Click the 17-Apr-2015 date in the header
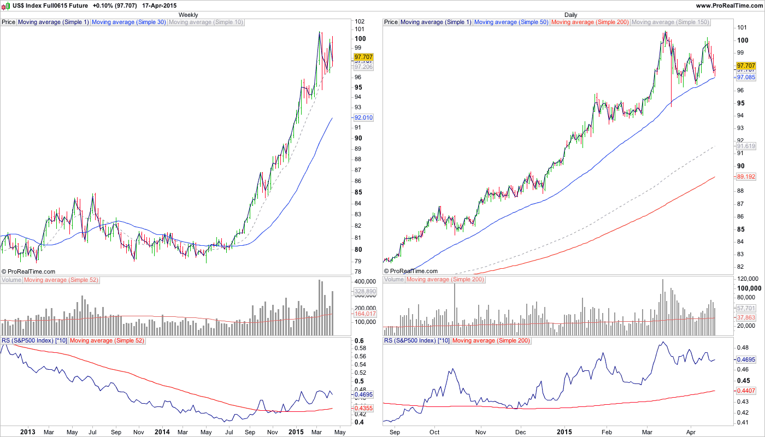click(158, 5)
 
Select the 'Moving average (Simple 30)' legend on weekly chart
click(129, 22)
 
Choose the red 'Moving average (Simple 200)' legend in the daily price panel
click(590, 22)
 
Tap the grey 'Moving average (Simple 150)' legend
click(670, 22)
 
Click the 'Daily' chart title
click(570, 15)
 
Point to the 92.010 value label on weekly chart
click(363, 117)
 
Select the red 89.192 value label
click(746, 177)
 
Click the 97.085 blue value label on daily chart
click(746, 78)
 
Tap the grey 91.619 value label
click(746, 146)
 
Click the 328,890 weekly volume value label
click(363, 292)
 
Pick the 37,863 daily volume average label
click(746, 317)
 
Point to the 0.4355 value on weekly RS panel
click(363, 409)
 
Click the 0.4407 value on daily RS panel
click(746, 391)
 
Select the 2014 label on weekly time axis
click(161, 432)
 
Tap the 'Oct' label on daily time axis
click(435, 432)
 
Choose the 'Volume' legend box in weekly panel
click(11, 280)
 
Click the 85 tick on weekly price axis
click(358, 192)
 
